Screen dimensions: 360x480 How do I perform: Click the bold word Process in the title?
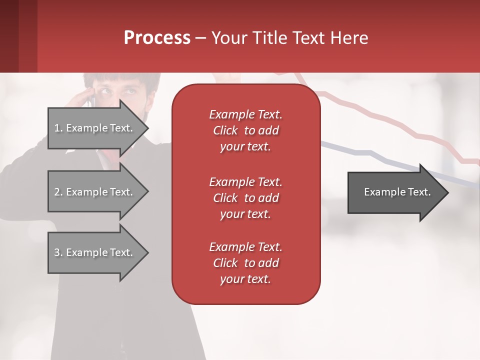point(157,38)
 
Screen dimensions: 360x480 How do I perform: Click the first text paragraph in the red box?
point(245,130)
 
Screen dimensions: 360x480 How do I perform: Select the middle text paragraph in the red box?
point(245,198)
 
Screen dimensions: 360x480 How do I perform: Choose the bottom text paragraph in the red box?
point(245,263)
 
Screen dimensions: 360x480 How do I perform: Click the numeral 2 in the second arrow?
point(57,192)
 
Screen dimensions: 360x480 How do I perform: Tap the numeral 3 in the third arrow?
point(57,252)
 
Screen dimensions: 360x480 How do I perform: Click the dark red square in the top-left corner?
point(18,36)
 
